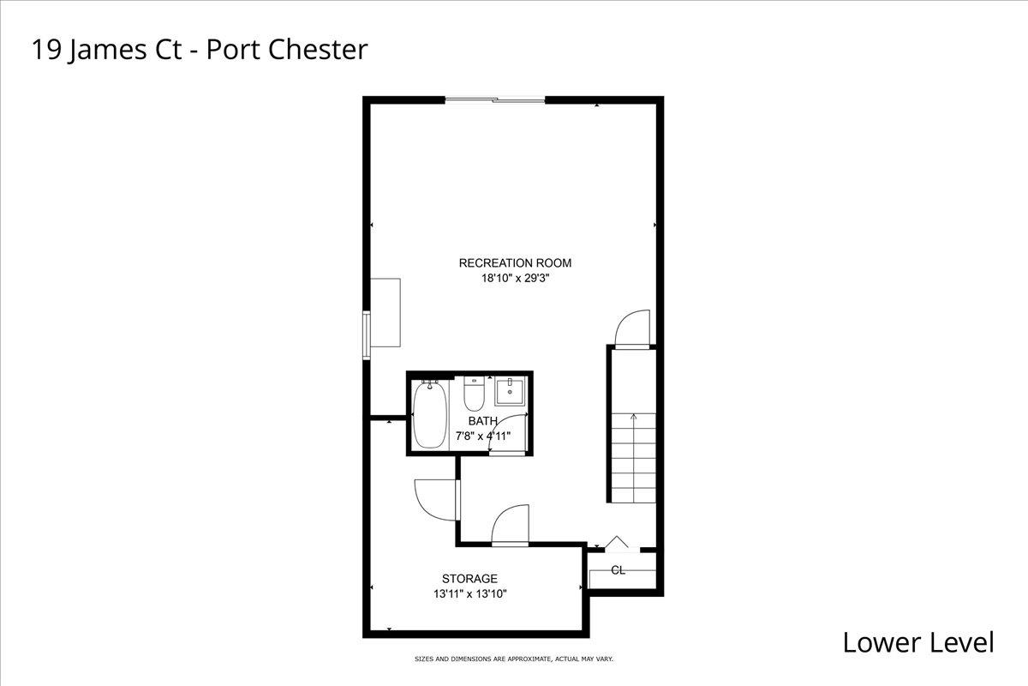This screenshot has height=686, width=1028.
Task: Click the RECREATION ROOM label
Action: point(515,262)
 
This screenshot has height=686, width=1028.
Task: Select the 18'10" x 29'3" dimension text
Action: point(515,278)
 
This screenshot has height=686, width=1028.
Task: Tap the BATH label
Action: point(483,420)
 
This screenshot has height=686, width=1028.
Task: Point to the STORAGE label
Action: point(469,579)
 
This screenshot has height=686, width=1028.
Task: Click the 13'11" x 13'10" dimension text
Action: point(470,593)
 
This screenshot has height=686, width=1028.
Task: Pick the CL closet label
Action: point(619,570)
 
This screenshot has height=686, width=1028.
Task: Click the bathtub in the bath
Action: point(430,414)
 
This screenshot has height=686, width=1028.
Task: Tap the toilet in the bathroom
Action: point(474,394)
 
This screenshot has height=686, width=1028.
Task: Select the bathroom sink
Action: point(510,392)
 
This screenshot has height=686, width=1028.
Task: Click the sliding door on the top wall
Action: point(495,99)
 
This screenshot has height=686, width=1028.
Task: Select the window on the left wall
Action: point(367,335)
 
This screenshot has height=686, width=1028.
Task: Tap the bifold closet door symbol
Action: point(616,543)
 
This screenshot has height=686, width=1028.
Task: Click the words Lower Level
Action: point(918,642)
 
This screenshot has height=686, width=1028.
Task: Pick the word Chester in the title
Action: point(318,49)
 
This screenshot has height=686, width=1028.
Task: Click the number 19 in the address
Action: point(46,50)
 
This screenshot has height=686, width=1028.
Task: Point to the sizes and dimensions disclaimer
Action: point(513,659)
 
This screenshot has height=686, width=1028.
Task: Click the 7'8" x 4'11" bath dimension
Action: point(483,436)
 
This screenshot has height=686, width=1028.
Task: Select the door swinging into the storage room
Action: point(436,500)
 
